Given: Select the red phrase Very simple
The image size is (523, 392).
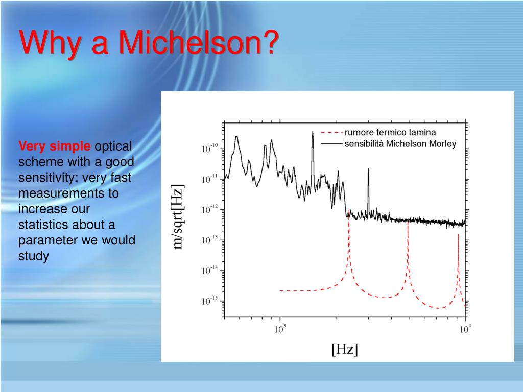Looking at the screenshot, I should coord(55,147).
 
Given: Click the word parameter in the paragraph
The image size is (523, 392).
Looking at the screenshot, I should coord(43,240).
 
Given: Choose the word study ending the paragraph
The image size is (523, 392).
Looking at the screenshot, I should coord(33,256).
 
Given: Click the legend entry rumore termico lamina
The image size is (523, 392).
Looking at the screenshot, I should coord(390,133).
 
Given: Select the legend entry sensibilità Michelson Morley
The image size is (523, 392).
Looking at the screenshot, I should coord(400,143).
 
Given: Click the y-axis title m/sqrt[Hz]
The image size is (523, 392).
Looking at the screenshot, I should coord(178,217).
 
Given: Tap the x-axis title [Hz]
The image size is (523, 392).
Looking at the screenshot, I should coord(345,349).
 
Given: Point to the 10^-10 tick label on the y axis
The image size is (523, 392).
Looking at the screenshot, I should coord(209,149).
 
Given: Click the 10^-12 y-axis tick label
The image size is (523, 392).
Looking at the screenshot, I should coord(209,210).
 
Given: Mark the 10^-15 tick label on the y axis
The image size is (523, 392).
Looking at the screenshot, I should coord(209,301).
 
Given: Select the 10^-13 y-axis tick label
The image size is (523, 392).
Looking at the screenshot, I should coord(209,240).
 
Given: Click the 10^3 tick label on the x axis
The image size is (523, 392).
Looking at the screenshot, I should coord(279,329).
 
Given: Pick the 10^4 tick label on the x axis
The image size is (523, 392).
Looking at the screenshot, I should coord(464,329).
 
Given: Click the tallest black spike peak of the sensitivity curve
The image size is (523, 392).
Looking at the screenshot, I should coord(313,132).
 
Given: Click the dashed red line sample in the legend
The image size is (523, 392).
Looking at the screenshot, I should coord(331,133).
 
